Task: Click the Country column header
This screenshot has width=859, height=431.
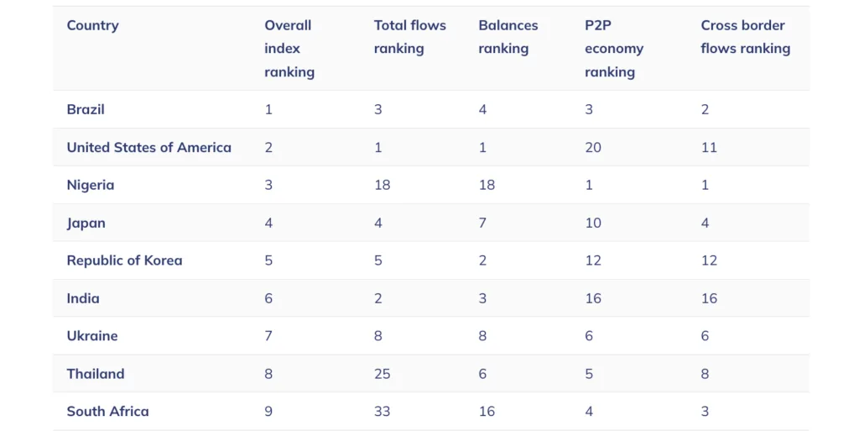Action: (92, 26)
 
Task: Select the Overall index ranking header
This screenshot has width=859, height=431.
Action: (289, 49)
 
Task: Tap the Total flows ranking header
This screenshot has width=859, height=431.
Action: (409, 37)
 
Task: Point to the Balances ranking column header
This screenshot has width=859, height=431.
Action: (508, 37)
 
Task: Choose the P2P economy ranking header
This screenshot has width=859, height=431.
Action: (614, 49)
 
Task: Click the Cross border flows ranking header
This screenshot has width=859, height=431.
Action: (746, 37)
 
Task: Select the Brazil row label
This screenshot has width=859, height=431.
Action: (86, 110)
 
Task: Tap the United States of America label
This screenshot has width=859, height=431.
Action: (149, 148)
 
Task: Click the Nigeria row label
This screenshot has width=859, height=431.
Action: (91, 186)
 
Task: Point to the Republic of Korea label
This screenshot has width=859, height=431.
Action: (124, 260)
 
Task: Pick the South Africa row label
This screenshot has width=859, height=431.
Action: (108, 412)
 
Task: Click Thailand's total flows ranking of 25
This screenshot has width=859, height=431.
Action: (383, 374)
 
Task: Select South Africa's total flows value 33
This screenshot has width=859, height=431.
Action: (383, 412)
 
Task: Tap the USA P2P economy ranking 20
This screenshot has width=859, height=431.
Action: (593, 148)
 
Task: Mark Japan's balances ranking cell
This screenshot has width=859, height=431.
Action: (482, 223)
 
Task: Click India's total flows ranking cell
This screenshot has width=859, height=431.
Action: (378, 298)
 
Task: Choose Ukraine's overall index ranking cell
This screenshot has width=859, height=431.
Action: (268, 336)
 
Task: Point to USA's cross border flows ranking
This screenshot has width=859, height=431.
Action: (709, 148)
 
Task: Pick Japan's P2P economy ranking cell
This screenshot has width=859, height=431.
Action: (593, 223)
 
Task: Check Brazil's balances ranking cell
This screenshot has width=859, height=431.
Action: (482, 110)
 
